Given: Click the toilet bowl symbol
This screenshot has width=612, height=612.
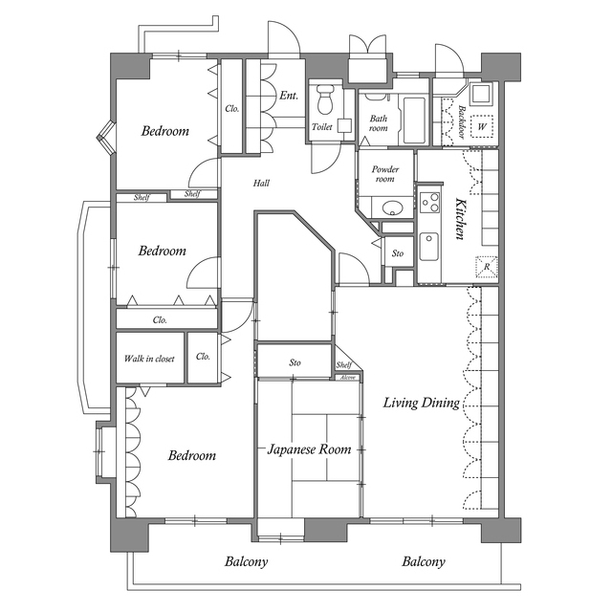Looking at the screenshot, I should [x=324, y=99].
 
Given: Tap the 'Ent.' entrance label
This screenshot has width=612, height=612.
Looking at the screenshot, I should [x=289, y=96].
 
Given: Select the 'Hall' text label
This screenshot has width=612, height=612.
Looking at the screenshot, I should [x=261, y=182].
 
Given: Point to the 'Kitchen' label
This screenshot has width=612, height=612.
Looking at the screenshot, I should [x=460, y=219].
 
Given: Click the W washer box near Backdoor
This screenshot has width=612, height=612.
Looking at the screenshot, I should [x=482, y=126].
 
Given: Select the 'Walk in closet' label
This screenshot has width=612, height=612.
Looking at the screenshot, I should [x=149, y=359].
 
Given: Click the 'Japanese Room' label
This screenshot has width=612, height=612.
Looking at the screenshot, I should [x=309, y=448].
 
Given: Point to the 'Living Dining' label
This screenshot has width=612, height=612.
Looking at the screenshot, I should [x=421, y=404].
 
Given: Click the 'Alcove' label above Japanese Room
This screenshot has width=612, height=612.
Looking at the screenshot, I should [x=347, y=379].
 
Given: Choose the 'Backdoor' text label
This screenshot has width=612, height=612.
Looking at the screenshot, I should [x=460, y=123].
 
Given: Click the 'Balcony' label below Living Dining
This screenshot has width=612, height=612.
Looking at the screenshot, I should [x=423, y=562].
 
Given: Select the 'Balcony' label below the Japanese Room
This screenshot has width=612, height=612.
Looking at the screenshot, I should [x=246, y=562].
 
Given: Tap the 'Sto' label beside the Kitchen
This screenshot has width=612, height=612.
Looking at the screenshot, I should [x=398, y=253].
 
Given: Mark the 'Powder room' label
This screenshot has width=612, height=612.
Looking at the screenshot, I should [x=384, y=173].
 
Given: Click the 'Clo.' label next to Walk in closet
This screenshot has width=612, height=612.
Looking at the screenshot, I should [x=203, y=357].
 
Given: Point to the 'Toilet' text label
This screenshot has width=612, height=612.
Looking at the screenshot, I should [x=321, y=126].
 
